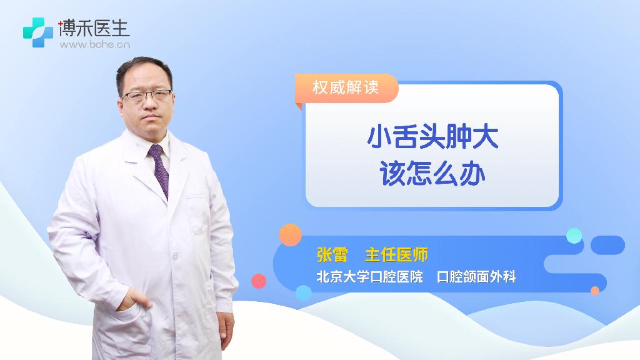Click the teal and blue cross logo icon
tap(38, 32)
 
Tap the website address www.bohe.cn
tap(95, 44)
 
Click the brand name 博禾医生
tap(94, 27)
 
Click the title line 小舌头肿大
tap(432, 137)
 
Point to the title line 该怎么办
tap(432, 174)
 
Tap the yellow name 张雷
tap(332, 255)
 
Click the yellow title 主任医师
tap(396, 255)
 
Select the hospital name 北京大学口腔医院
tap(370, 277)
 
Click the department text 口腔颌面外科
tap(476, 277)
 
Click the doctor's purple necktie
tap(159, 170)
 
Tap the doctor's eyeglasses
tap(147, 96)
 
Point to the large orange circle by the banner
tap(290, 235)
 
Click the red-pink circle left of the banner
tap(259, 281)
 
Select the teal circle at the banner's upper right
tap(574, 236)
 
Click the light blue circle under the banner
tap(304, 293)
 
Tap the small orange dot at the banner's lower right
tap(595, 291)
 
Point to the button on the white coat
tap(175, 257)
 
